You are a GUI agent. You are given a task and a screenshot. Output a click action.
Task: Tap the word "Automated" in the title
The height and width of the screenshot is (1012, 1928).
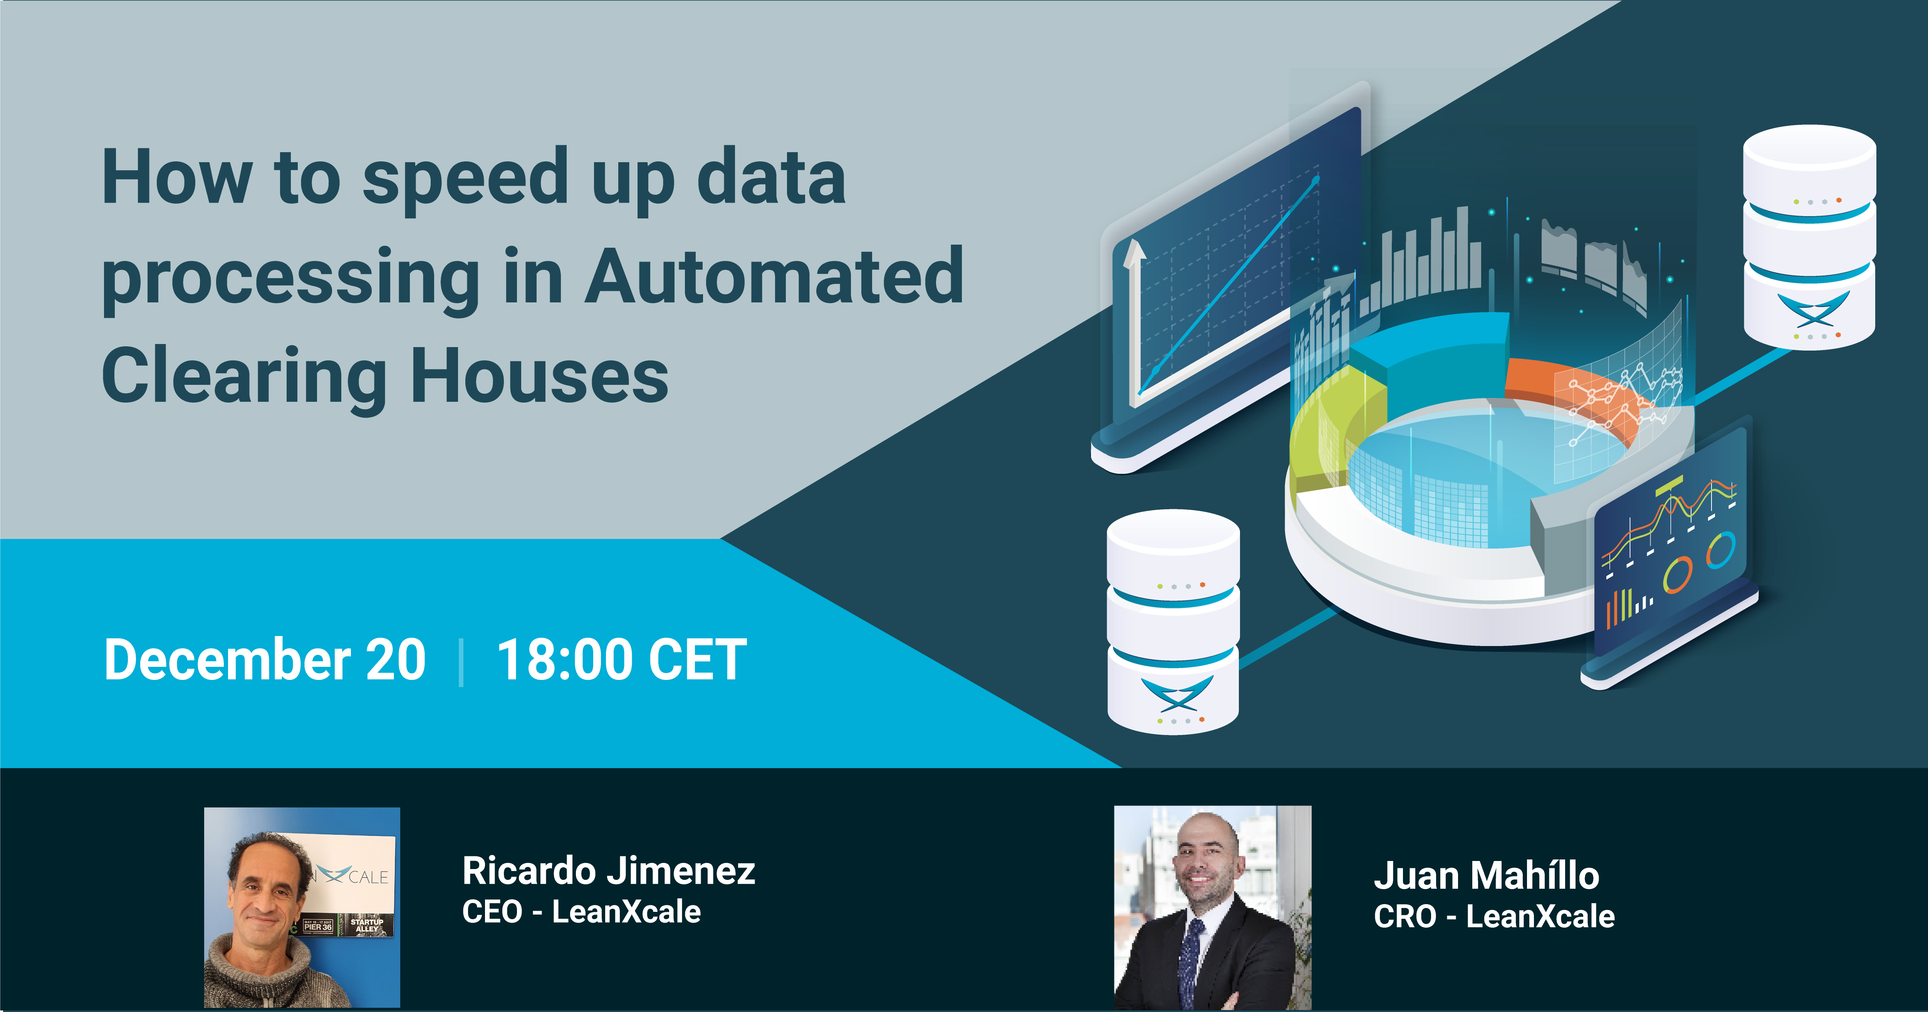coord(775,277)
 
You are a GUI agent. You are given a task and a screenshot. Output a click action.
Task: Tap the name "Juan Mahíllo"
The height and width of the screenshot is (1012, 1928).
coord(1487,876)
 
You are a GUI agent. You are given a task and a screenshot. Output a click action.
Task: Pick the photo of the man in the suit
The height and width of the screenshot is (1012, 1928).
coord(1213,907)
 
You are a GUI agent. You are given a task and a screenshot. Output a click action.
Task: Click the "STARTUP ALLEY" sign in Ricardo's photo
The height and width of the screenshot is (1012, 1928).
coord(367,925)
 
